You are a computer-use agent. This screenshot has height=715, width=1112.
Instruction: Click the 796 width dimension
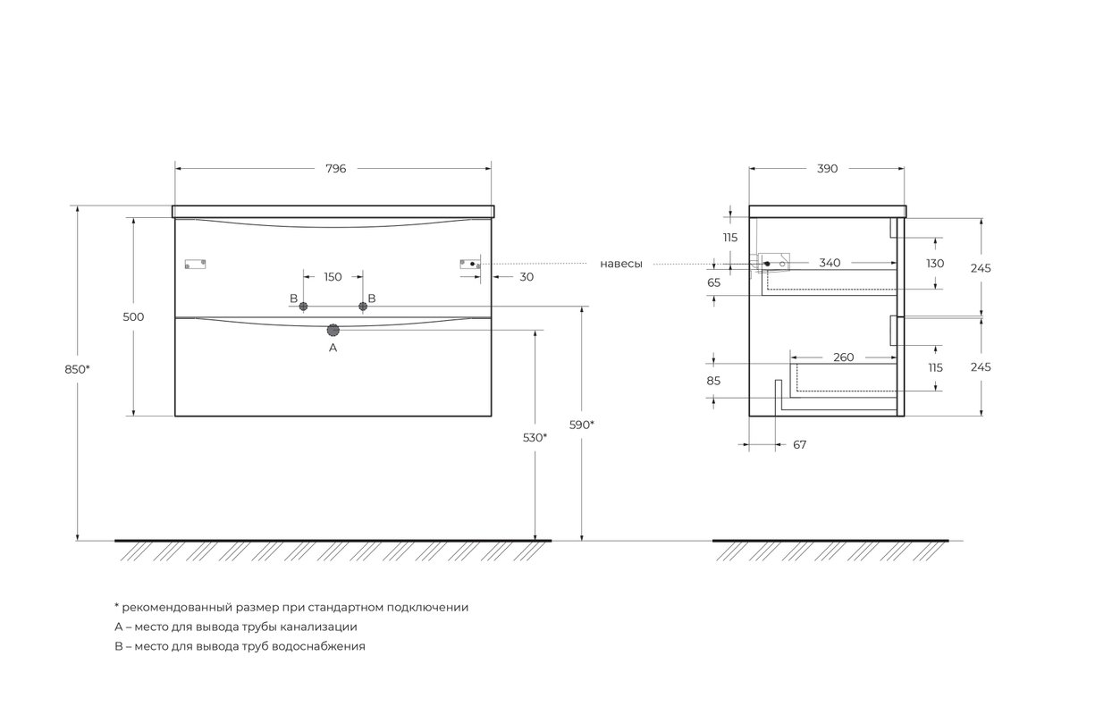pos(335,169)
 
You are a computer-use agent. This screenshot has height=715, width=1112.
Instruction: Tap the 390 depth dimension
pos(827,169)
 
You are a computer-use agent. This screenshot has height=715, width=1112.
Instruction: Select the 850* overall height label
pos(77,369)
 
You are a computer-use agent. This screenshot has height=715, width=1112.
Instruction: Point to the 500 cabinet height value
pos(133,316)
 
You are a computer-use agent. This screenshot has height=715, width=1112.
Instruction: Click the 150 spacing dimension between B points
pos(333,277)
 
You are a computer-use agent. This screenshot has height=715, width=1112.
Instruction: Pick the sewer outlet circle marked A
pos(333,330)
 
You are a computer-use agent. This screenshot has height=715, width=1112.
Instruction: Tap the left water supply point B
pos(303,307)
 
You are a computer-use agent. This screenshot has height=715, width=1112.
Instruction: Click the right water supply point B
pos(363,307)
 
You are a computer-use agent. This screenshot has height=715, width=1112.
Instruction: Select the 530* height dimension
pos(535,438)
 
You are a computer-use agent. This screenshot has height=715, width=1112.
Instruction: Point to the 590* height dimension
pos(581,425)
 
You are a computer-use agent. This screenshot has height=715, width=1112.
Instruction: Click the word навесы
pos(621,264)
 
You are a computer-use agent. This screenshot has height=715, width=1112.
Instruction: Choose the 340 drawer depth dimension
pos(830,263)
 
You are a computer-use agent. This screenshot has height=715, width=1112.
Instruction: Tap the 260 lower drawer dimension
pos(844,357)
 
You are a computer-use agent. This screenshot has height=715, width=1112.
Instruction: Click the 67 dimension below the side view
pos(799,444)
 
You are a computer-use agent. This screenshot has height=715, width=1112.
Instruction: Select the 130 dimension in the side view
pos(935,264)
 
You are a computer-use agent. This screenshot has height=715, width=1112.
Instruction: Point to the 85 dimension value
pos(713,381)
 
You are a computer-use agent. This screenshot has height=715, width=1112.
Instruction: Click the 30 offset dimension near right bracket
pos(527,277)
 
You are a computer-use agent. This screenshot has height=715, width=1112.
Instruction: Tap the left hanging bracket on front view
pos(195,264)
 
